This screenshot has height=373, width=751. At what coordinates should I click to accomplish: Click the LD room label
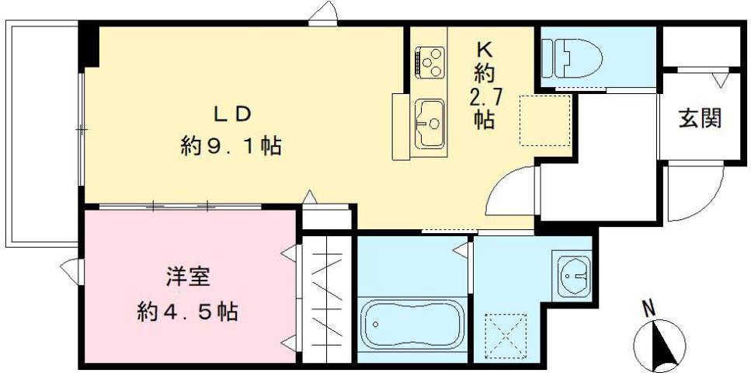[x=231, y=113]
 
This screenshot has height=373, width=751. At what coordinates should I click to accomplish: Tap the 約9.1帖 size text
[x=231, y=146]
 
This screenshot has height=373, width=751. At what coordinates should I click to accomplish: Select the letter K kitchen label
[x=484, y=48]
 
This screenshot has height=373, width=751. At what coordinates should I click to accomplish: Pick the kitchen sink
[x=429, y=123]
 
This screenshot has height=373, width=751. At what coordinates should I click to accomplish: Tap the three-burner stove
[x=429, y=61]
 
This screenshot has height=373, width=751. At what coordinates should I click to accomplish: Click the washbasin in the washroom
[x=572, y=274]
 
